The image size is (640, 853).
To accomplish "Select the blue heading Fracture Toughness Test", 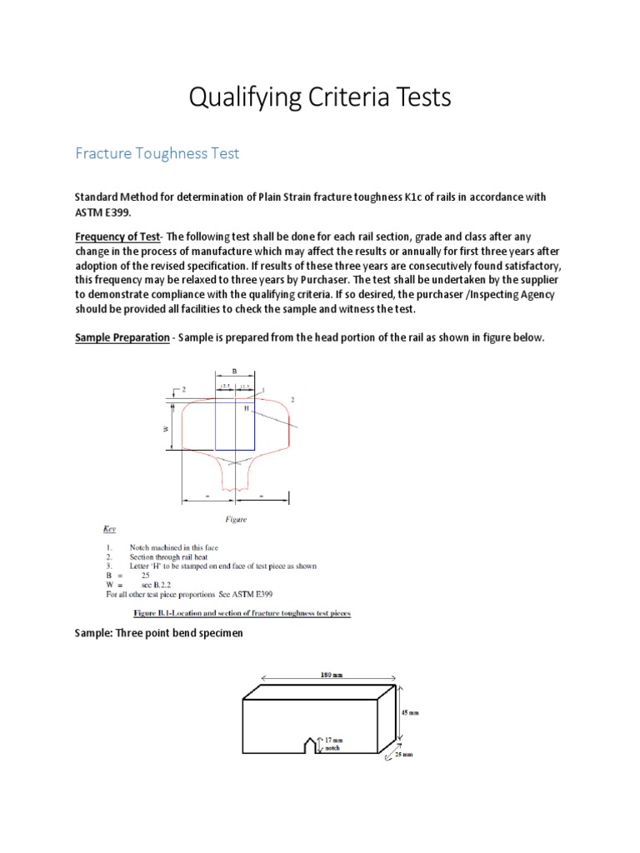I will pos(157,153).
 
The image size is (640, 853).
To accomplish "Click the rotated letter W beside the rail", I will pos(166,428).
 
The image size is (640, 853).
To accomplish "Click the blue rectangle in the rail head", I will pos(236,425).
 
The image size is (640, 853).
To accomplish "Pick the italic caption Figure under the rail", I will pos(237,520).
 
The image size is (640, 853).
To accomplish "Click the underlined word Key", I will pos(110,529).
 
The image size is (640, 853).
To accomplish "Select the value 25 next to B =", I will pos(145,576).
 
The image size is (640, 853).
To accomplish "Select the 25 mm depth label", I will pos(403,755).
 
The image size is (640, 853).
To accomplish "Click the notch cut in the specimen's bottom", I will pos(313,745).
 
